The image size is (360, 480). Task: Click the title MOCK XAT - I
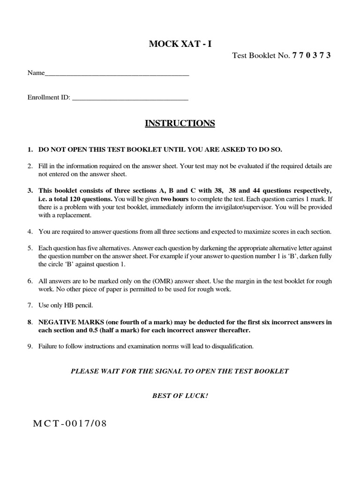pyautogui.click(x=180, y=44)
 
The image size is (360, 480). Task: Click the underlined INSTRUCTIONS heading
pyautogui.click(x=180, y=123)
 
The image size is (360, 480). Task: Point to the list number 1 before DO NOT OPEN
pyautogui.click(x=30, y=150)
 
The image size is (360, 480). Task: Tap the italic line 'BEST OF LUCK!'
pyautogui.click(x=180, y=395)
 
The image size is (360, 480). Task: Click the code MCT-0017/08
pyautogui.click(x=70, y=424)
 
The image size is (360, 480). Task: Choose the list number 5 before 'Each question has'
pyautogui.click(x=30, y=248)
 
